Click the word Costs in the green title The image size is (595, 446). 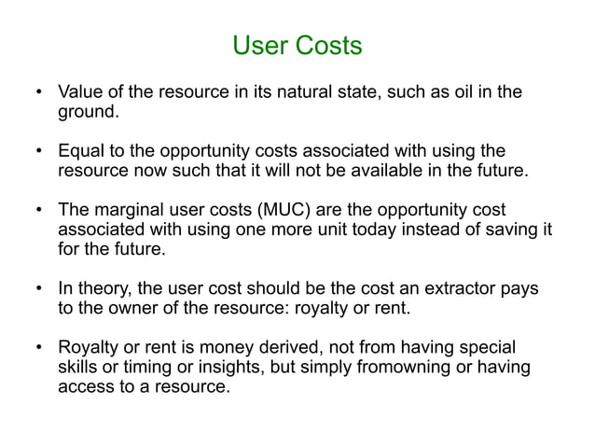click(x=328, y=44)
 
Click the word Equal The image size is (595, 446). click(x=81, y=150)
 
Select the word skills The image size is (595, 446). click(x=79, y=367)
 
